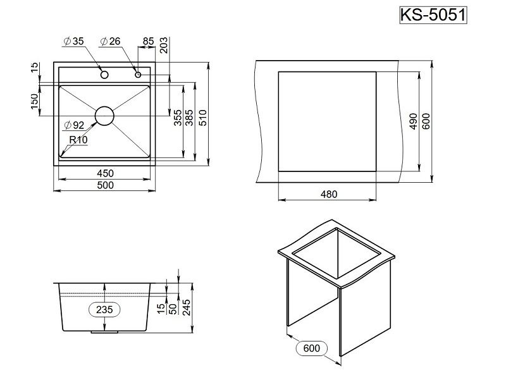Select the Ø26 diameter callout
tap(110, 42)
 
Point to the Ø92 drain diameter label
tap(74, 125)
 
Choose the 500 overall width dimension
tap(105, 185)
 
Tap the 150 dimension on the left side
tap(34, 100)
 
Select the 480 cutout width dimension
tap(328, 194)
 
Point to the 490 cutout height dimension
tap(413, 121)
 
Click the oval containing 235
tap(105, 310)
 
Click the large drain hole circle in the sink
tap(104, 116)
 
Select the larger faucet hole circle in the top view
tap(104, 75)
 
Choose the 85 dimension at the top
tap(148, 42)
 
